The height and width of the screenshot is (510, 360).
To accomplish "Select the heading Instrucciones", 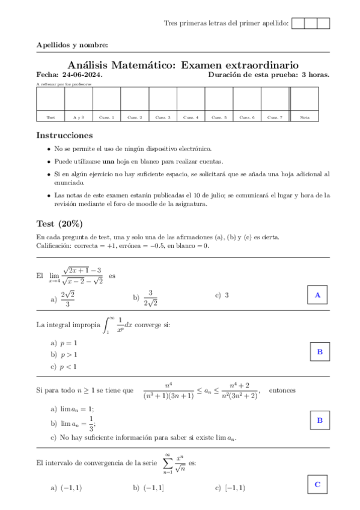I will pyautogui.click(x=64, y=135).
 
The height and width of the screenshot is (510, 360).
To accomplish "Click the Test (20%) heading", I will pyautogui.click(x=59, y=224).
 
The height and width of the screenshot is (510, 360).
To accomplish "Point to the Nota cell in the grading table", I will pyautogui.click(x=305, y=117).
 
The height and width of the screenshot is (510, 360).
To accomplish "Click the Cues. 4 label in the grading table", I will pyautogui.click(x=191, y=117).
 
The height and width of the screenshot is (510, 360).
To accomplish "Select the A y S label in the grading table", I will pyautogui.click(x=78, y=117).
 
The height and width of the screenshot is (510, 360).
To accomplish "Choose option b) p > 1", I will pyautogui.click(x=64, y=354).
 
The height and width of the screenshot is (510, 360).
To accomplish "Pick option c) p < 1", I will pyautogui.click(x=64, y=366).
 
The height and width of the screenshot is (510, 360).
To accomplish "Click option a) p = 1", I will pyautogui.click(x=64, y=342).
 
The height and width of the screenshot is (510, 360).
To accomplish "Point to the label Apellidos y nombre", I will pyautogui.click(x=72, y=45).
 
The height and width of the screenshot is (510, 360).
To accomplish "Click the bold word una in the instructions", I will pyautogui.click(x=108, y=161).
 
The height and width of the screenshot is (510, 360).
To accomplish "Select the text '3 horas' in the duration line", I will pyautogui.click(x=315, y=75).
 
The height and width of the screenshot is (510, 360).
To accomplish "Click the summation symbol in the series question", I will pyautogui.click(x=168, y=464).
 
